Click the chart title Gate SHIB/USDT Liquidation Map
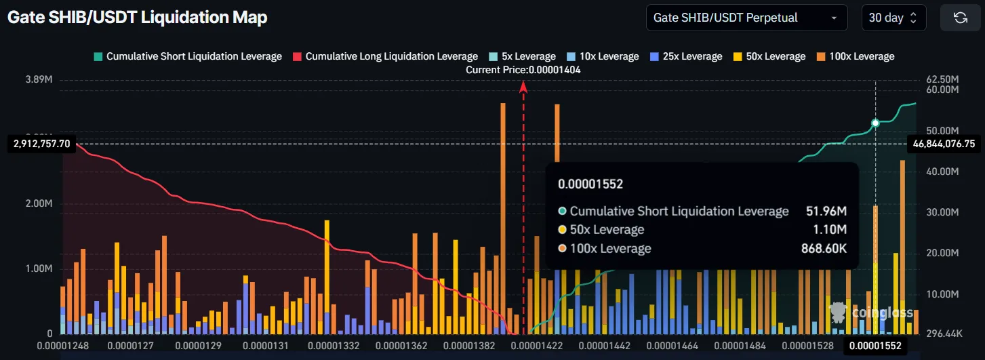(138, 18)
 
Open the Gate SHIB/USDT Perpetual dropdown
(746, 18)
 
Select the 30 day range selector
(893, 18)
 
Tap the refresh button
(960, 18)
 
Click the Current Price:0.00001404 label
(523, 69)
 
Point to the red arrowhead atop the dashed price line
(523, 86)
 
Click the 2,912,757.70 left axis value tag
(41, 144)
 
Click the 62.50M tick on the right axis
(942, 79)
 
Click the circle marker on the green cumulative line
(875, 123)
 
